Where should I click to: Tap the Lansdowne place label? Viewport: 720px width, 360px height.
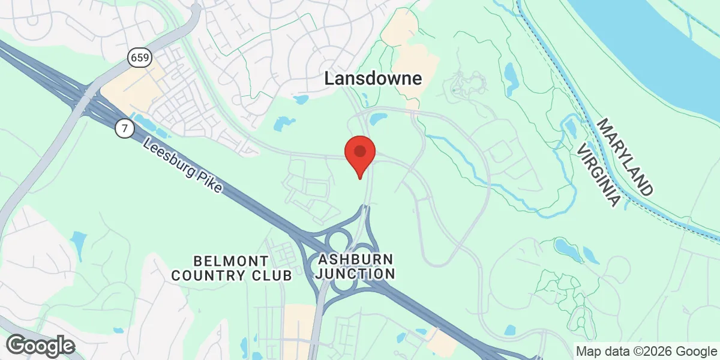pyautogui.click(x=373, y=78)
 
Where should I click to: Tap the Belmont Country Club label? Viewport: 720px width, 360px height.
pyautogui.click(x=232, y=268)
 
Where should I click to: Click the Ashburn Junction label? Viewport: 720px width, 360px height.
pyautogui.click(x=356, y=266)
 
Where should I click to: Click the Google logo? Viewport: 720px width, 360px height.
pyautogui.click(x=41, y=346)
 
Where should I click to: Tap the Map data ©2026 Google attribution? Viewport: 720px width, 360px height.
pyautogui.click(x=646, y=351)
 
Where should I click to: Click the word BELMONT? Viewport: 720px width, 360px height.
pyautogui.click(x=231, y=261)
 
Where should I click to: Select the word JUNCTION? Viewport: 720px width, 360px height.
pyautogui.click(x=356, y=274)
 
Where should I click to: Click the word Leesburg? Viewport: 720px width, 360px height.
pyautogui.click(x=170, y=158)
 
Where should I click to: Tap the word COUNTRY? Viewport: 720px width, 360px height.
pyautogui.click(x=208, y=276)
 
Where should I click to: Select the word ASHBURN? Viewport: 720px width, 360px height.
pyautogui.click(x=356, y=259)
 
